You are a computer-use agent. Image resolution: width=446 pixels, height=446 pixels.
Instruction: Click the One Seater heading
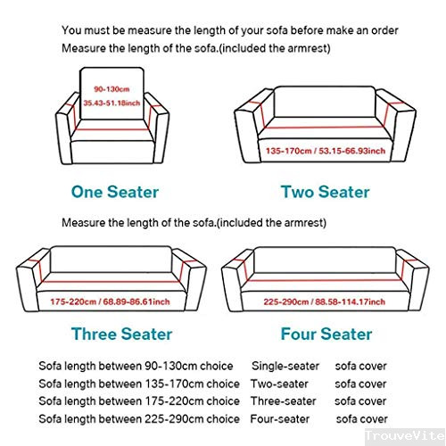115,192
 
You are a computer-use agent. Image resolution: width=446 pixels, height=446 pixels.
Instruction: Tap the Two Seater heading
325,192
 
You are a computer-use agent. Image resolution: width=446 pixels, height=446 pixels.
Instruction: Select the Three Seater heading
121,334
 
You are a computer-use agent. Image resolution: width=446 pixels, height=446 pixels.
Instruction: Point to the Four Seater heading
326,334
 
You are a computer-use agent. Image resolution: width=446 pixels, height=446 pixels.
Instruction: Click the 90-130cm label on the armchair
111,89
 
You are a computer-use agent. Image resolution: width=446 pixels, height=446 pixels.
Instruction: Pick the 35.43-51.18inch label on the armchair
111,103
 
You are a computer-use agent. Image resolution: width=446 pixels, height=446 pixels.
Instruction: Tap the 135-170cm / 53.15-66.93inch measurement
326,151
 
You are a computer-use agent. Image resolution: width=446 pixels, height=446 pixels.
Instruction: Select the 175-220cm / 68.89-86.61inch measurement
110,301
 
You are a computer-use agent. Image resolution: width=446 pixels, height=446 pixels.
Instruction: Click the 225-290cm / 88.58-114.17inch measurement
325,301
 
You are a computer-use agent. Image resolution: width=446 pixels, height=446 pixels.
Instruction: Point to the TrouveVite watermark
405,435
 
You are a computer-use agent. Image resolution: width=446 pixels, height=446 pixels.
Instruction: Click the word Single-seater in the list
285,366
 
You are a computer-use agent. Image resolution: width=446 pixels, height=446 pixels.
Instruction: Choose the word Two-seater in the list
279,384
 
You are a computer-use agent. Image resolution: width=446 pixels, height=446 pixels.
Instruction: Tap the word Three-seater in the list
284,401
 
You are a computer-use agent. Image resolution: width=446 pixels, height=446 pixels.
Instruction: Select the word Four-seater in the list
280,419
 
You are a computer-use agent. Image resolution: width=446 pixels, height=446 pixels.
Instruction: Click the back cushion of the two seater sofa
325,102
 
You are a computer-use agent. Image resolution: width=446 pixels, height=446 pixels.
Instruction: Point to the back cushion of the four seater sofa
325,260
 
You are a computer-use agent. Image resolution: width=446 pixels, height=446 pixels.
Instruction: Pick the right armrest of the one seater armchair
158,127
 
